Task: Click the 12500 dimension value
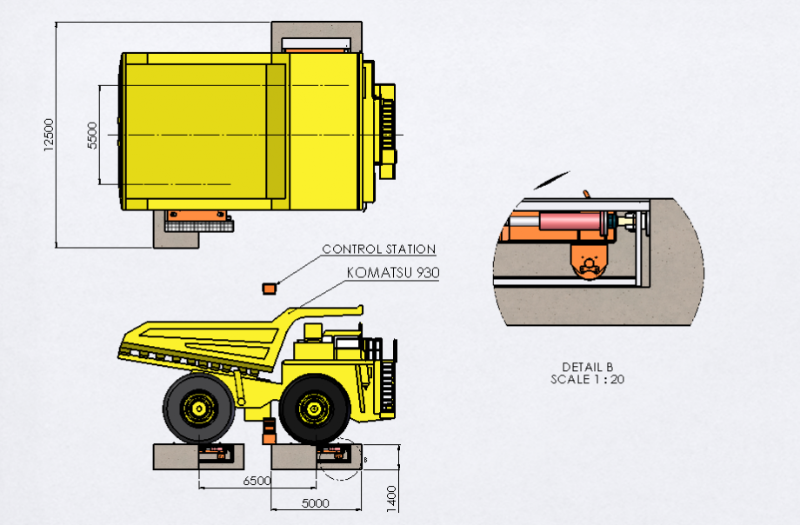49,135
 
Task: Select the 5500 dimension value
92,136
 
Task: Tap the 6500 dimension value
257,481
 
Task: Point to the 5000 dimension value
316,503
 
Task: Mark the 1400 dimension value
391,498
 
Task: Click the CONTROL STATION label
378,249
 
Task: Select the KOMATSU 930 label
393,273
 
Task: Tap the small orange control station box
269,289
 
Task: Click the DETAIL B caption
587,367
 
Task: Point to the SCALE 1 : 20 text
587,379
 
